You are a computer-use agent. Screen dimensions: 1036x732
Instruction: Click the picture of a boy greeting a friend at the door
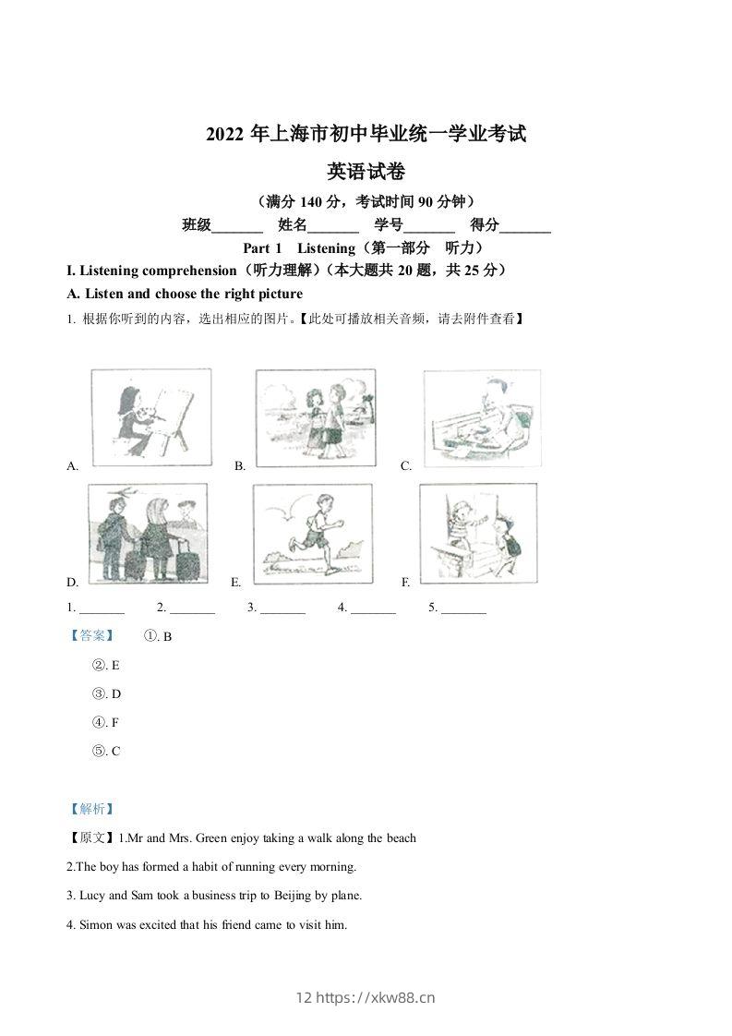click(x=477, y=534)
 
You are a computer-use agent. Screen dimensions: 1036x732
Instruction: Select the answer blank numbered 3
click(x=282, y=608)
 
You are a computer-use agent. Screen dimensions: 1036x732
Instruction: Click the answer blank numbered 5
click(x=463, y=608)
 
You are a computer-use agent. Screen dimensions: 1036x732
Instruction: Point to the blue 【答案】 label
click(x=91, y=635)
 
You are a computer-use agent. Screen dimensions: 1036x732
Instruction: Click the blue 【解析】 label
click(x=91, y=809)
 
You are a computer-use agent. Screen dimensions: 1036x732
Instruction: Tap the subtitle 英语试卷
click(x=366, y=171)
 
